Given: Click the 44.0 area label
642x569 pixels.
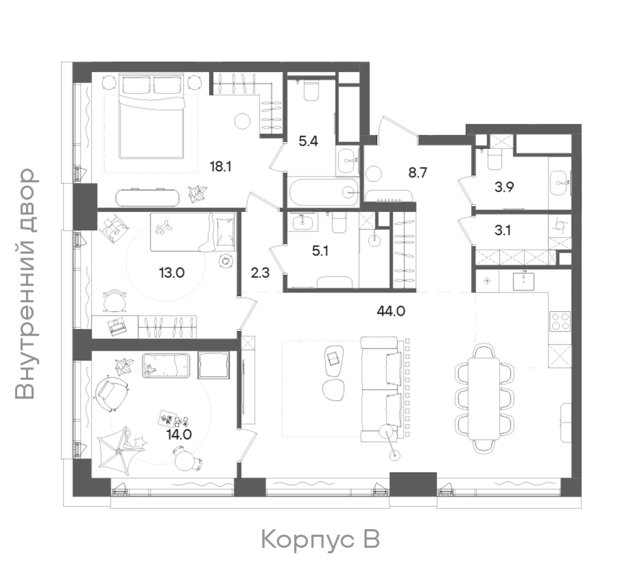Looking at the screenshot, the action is click(391, 312).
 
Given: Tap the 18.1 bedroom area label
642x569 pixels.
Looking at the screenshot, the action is click(221, 166).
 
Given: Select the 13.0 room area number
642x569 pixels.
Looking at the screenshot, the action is click(172, 273).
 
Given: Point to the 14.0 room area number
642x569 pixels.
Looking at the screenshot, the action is click(179, 435).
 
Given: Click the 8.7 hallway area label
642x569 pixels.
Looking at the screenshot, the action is click(418, 173).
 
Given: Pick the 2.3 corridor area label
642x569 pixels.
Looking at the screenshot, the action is click(260, 273).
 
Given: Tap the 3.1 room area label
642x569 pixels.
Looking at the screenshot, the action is click(502, 230).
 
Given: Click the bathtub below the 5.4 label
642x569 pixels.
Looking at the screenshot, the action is click(324, 192).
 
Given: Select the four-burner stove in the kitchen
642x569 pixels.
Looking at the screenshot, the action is click(560, 321).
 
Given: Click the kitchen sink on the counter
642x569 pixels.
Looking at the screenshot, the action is click(523, 281).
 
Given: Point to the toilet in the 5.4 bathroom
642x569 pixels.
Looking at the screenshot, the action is click(311, 90).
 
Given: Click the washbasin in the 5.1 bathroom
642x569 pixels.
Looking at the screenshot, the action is click(303, 220).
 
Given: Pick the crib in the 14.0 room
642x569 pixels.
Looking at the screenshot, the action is click(166, 366).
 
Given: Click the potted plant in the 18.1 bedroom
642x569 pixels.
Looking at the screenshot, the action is click(197, 193).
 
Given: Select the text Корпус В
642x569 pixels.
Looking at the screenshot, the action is click(320, 540).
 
